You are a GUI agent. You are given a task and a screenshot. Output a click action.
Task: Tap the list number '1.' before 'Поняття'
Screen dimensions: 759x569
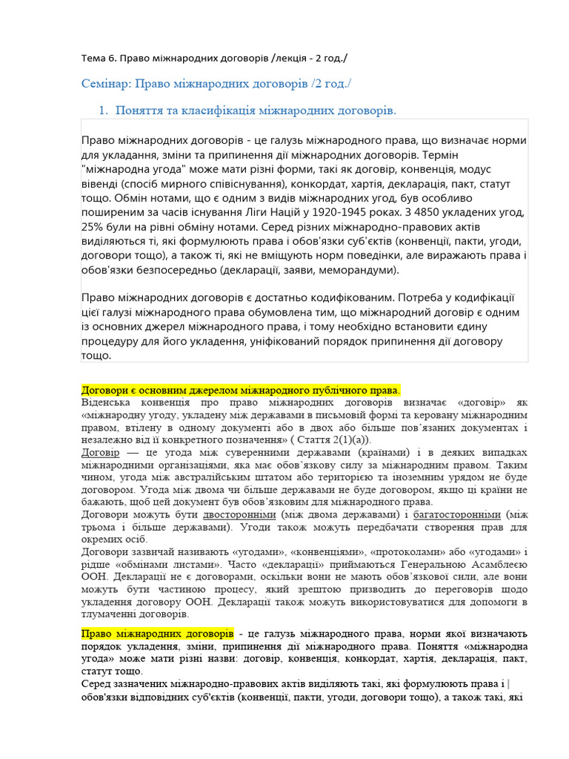tap(104, 110)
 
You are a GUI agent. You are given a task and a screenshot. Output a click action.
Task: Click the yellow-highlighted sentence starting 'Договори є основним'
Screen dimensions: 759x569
tap(241, 390)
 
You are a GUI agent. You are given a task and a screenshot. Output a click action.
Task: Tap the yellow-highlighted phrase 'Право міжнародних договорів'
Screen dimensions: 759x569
tap(157, 634)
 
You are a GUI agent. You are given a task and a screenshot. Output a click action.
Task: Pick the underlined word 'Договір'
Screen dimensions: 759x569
tap(100, 452)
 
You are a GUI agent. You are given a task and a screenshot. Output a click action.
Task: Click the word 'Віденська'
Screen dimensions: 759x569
tap(106, 402)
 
